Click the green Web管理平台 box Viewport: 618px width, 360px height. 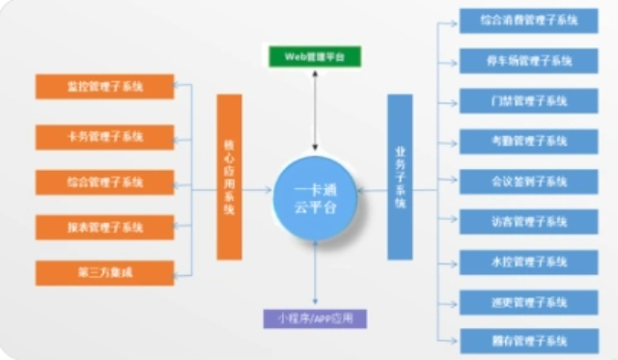[x=314, y=57]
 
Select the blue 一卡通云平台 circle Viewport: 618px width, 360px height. [x=315, y=197]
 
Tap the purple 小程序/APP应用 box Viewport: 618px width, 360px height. [x=315, y=318]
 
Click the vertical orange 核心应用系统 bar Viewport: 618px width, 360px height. [x=229, y=177]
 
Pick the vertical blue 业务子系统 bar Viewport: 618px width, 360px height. [x=399, y=177]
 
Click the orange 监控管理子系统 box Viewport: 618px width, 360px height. [x=104, y=86]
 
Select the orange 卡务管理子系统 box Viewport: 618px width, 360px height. [x=104, y=136]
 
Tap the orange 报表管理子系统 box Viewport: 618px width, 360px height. [x=104, y=228]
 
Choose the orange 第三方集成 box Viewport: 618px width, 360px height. [x=104, y=273]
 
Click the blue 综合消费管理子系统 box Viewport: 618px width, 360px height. [x=528, y=20]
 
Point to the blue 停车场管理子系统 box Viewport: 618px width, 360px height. [x=528, y=61]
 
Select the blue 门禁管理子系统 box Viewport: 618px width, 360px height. [x=528, y=100]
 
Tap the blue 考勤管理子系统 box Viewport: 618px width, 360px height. [x=528, y=141]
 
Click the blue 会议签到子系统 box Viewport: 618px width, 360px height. [x=528, y=181]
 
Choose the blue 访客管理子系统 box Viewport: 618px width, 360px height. [x=528, y=221]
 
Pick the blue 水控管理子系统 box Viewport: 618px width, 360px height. [x=528, y=262]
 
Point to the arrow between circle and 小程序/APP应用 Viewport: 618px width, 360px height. [x=315, y=274]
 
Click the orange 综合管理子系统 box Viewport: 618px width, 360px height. [x=104, y=181]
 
